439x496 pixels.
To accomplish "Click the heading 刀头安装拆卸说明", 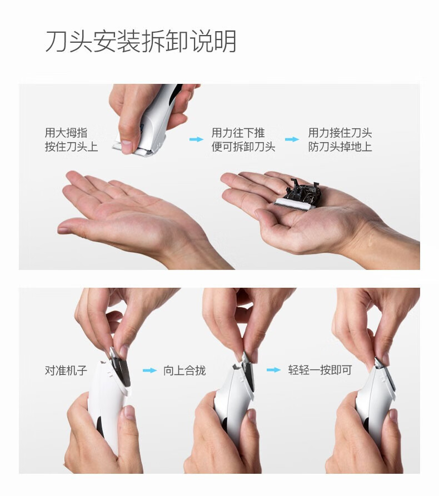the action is tap(141, 42).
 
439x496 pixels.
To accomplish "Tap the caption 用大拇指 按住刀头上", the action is tap(71, 139).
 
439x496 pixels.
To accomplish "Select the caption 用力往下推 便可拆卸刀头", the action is tap(243, 139).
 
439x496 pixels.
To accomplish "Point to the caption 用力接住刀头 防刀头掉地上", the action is tap(340, 139).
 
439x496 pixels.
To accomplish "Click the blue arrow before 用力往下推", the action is tap(196, 139).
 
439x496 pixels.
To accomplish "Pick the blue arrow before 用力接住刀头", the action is tap(292, 139).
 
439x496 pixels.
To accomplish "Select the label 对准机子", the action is tap(66, 370).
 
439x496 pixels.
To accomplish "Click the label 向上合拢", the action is tap(184, 370).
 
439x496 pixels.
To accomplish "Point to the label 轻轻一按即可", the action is tap(320, 370).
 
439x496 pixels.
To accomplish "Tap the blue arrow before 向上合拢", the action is tap(149, 370).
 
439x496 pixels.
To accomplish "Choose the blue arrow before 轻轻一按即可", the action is tap(273, 370).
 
